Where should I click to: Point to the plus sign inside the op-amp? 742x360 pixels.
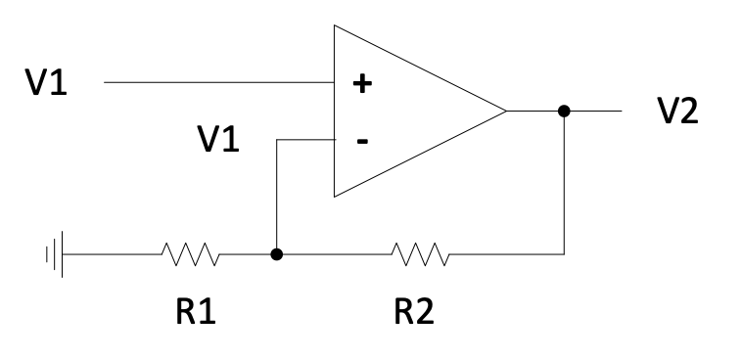(x=362, y=84)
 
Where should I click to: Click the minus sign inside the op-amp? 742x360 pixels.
(x=362, y=141)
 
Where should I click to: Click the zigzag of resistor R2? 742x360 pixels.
(x=420, y=255)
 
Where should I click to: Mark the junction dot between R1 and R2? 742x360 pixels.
(x=277, y=255)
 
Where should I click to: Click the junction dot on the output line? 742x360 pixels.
(x=563, y=111)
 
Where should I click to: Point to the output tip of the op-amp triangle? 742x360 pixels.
(x=505, y=111)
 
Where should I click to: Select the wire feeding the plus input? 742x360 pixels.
(x=215, y=83)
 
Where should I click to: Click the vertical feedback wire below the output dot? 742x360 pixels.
(x=563, y=186)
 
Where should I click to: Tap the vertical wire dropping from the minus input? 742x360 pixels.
(x=277, y=196)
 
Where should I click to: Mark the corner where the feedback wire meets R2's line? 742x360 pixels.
(x=563, y=255)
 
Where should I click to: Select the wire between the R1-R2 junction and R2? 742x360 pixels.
(x=333, y=255)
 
